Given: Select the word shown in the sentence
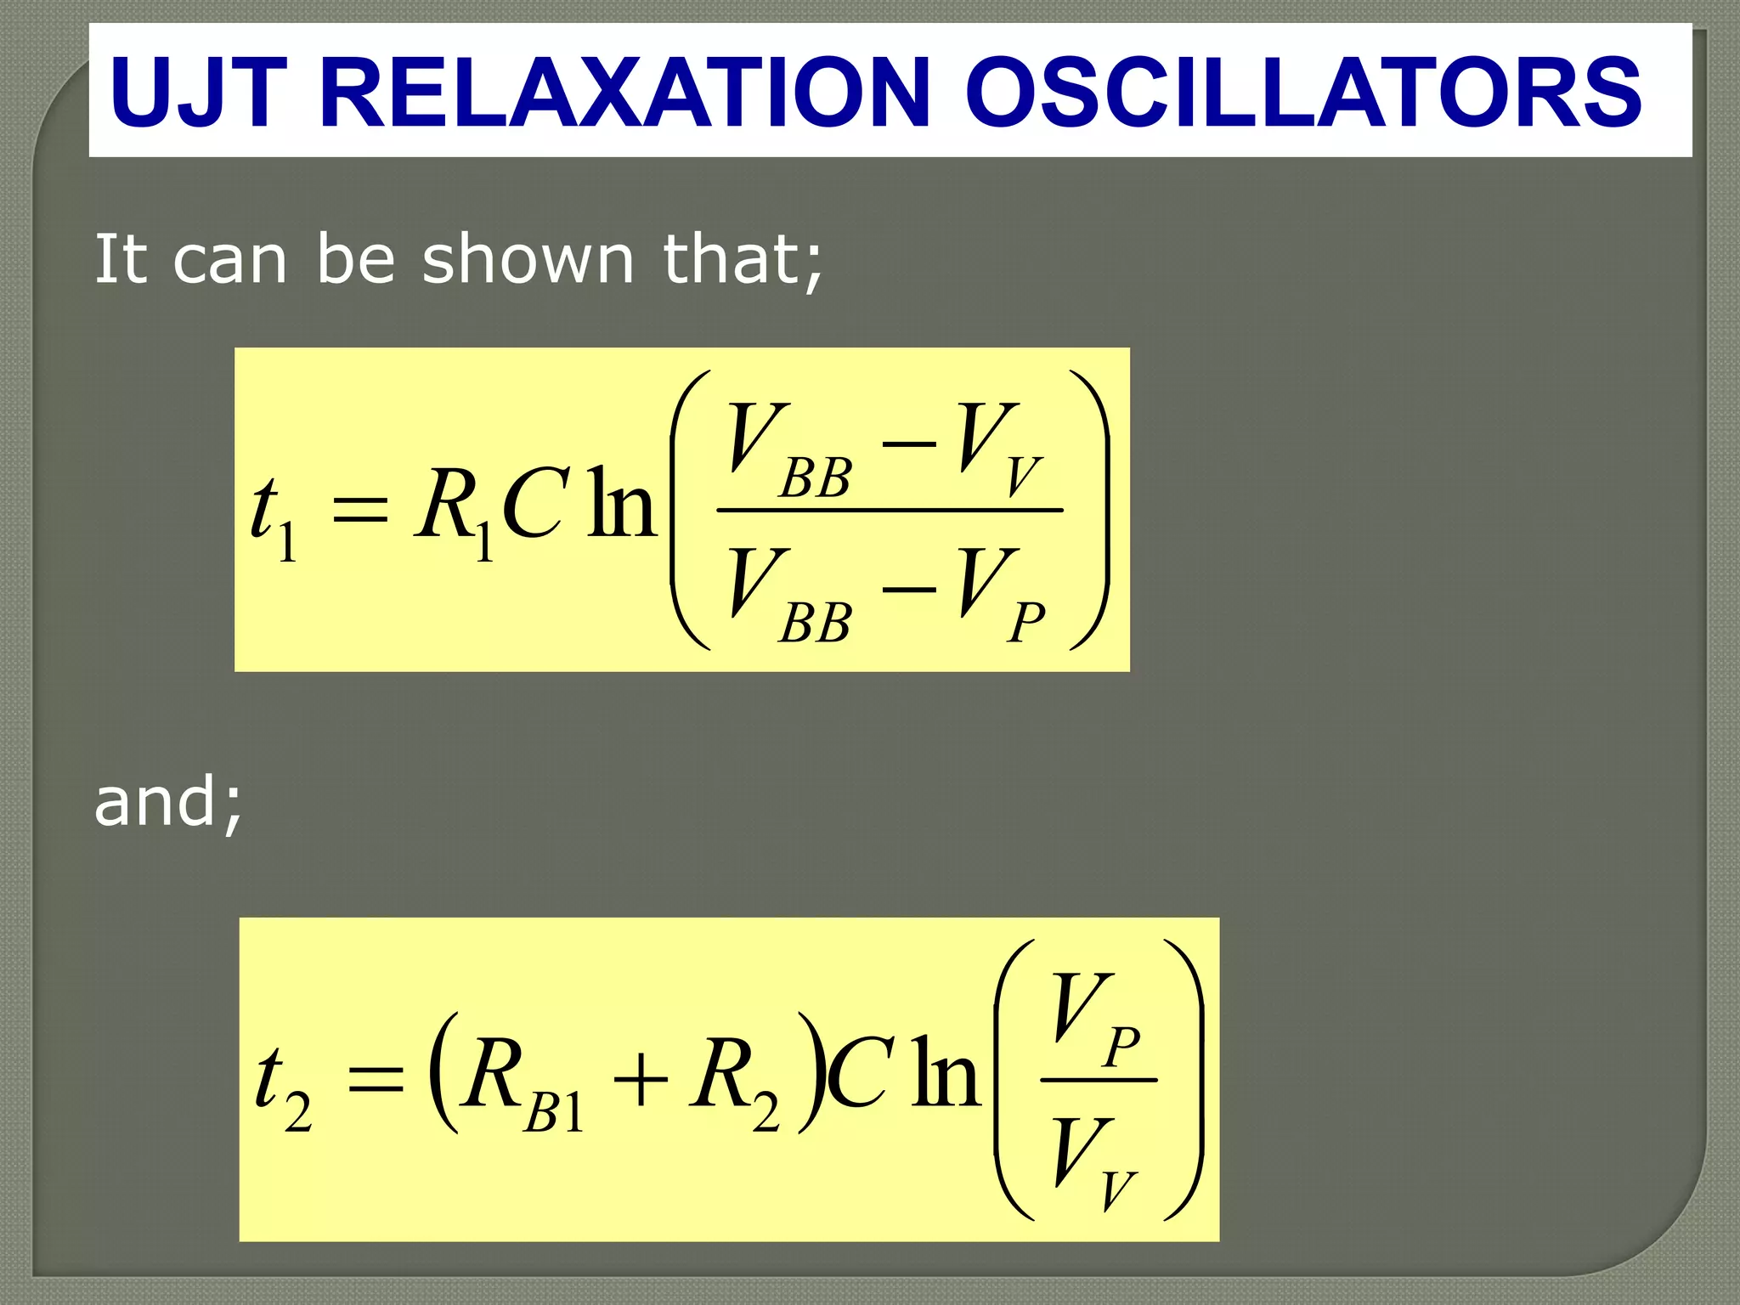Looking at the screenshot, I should [528, 259].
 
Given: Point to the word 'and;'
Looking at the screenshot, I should [168, 802].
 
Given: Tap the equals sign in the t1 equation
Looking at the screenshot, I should [359, 510].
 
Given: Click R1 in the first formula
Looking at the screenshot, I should [455, 510].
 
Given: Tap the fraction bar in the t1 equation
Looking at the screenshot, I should [890, 510].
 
